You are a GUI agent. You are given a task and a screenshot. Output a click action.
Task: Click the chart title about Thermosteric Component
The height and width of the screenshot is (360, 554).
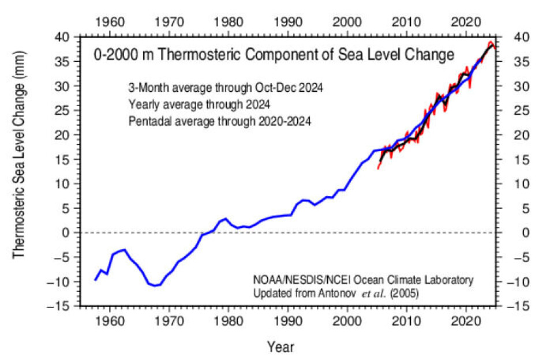tap(274, 55)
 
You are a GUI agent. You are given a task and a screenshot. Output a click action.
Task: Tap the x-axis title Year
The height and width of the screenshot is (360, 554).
tap(280, 347)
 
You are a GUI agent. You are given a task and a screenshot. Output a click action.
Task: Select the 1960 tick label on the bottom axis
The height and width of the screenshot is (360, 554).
tap(110, 317)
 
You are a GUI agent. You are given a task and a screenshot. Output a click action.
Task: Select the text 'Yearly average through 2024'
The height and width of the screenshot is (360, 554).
tap(199, 106)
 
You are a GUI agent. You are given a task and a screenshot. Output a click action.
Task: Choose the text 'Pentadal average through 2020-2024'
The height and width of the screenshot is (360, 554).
tap(220, 122)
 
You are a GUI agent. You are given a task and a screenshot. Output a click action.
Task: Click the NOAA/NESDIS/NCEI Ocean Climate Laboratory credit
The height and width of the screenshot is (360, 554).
tap(364, 280)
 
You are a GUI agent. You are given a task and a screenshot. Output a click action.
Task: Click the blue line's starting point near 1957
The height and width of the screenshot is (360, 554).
tap(96, 280)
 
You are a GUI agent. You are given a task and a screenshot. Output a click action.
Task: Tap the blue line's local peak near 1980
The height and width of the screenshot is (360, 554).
tap(226, 219)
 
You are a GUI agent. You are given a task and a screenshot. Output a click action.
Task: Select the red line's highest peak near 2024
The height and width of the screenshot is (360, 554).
tap(491, 42)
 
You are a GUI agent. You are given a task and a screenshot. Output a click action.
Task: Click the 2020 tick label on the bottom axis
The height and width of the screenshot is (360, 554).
tap(466, 317)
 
